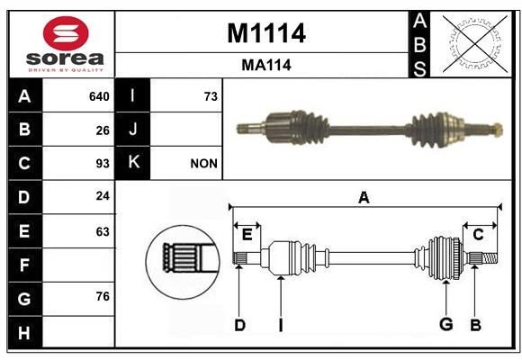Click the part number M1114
[x=266, y=33]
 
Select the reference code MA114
[x=266, y=65]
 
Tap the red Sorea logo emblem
[x=66, y=33]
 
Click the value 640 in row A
[x=99, y=96]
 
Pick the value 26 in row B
[x=103, y=130]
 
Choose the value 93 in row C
[x=103, y=164]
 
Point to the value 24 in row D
[x=103, y=196]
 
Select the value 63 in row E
[x=103, y=231]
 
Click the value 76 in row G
[x=103, y=296]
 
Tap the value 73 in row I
[x=211, y=96]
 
